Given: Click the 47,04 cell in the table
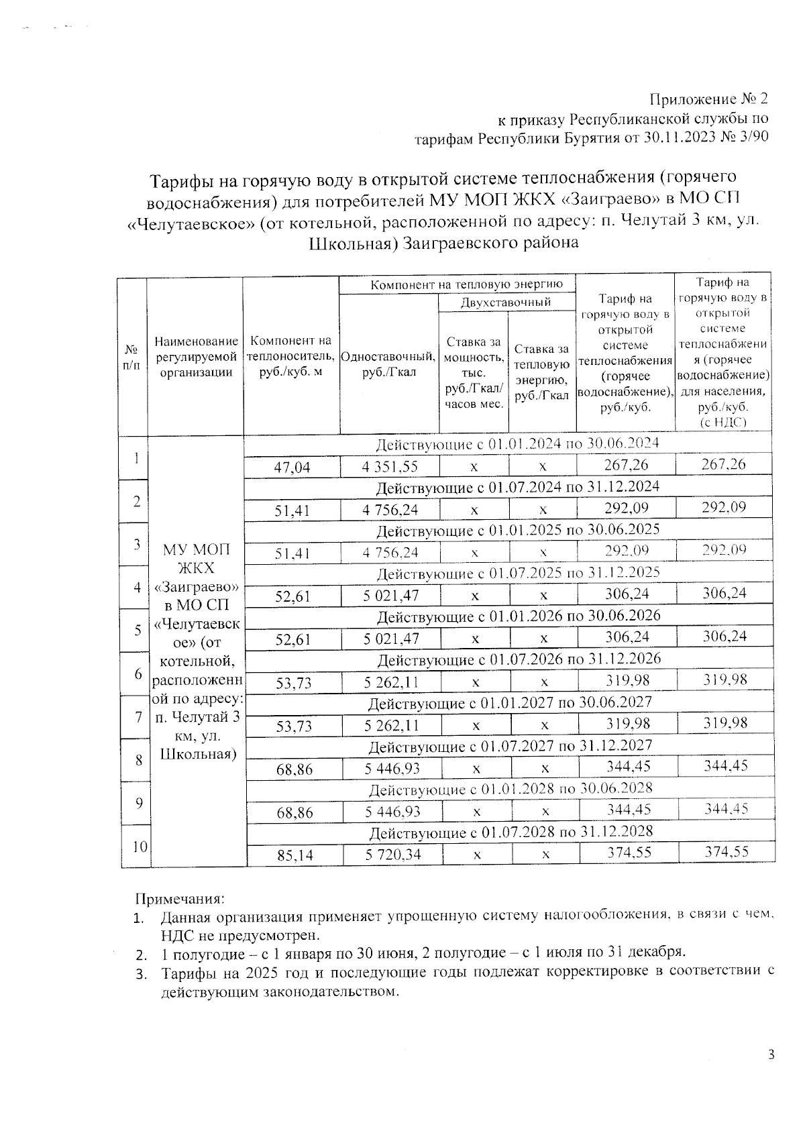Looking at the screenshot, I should (x=292, y=467).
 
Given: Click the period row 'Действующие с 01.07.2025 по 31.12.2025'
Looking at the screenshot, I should (x=518, y=573).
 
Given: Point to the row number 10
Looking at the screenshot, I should (x=139, y=847).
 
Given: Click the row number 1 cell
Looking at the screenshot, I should (x=136, y=458).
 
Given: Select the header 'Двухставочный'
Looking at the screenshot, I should (x=506, y=303).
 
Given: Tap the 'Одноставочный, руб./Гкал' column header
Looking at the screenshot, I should (x=389, y=364).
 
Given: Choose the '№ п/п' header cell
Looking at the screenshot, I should (x=132, y=358).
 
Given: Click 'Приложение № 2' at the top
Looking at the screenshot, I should (x=708, y=99).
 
